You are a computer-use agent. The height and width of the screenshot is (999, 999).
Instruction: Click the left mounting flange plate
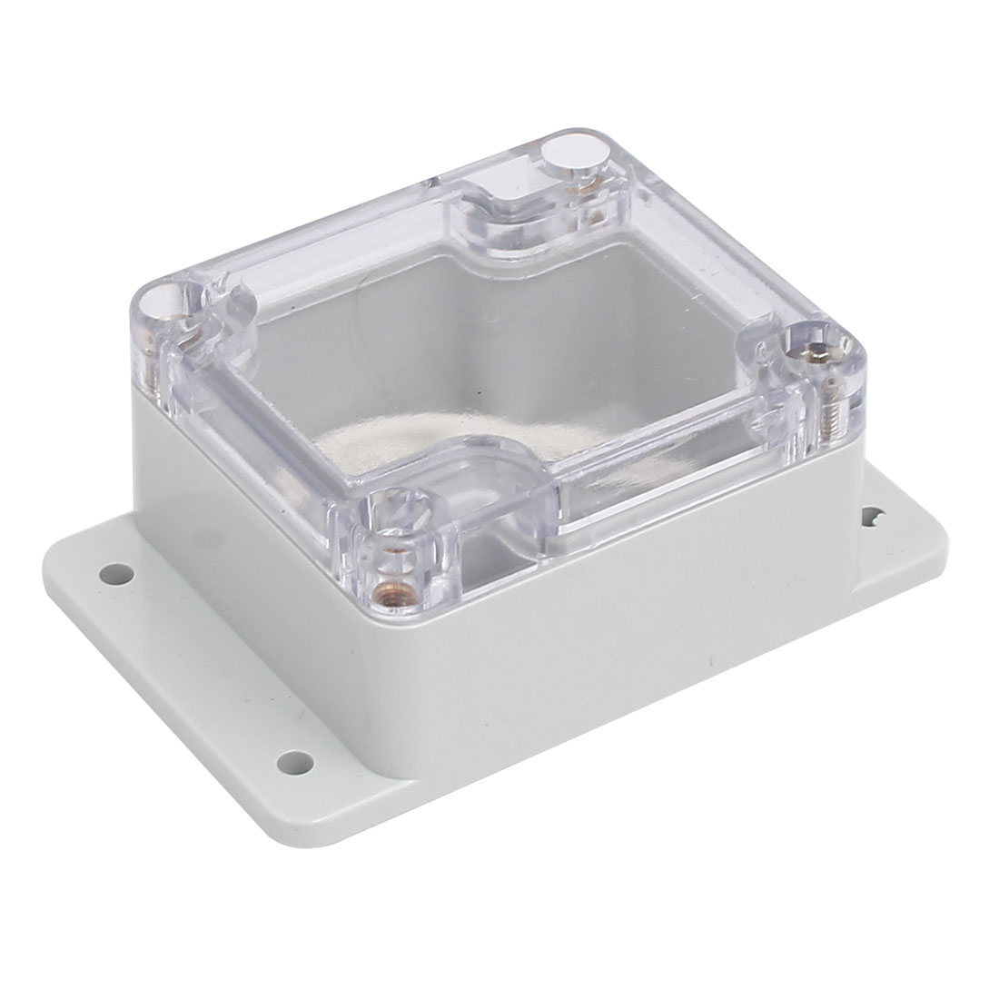tap(182, 654)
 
